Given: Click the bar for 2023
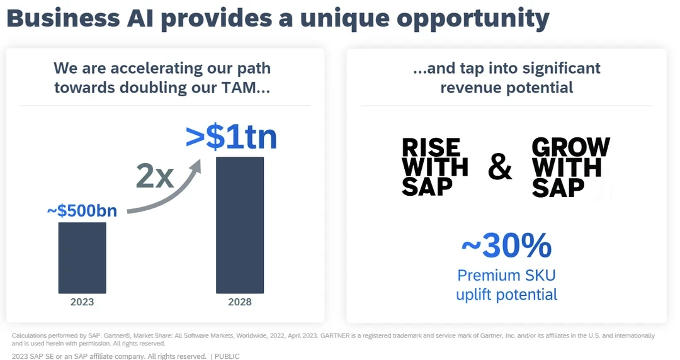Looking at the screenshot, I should click(82, 257).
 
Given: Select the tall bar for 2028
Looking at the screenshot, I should click(239, 225).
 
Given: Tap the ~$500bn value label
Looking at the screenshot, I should click(82, 211).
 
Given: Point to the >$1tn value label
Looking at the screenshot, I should click(232, 138).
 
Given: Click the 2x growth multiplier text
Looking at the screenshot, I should click(154, 177).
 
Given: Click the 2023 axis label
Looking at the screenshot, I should click(82, 302).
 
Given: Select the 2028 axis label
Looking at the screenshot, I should click(239, 302).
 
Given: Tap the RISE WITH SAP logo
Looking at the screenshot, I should click(434, 167).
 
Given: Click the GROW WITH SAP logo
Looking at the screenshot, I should click(570, 167).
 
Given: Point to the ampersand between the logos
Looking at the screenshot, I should click(500, 167).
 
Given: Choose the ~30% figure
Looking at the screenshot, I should click(506, 246).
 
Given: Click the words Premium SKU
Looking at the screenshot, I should click(506, 275).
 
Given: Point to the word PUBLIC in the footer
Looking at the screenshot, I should click(227, 356).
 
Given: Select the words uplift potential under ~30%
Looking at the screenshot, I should click(506, 295).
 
